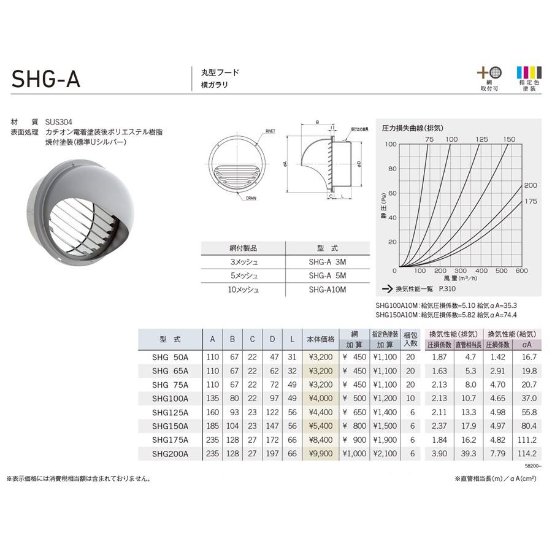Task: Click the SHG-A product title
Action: point(46,79)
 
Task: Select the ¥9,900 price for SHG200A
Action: point(320,453)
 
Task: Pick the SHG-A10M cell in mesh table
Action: point(323,289)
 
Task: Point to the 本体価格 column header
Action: point(321,339)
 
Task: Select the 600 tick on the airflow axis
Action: point(522,270)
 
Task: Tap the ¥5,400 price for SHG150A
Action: point(320,425)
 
